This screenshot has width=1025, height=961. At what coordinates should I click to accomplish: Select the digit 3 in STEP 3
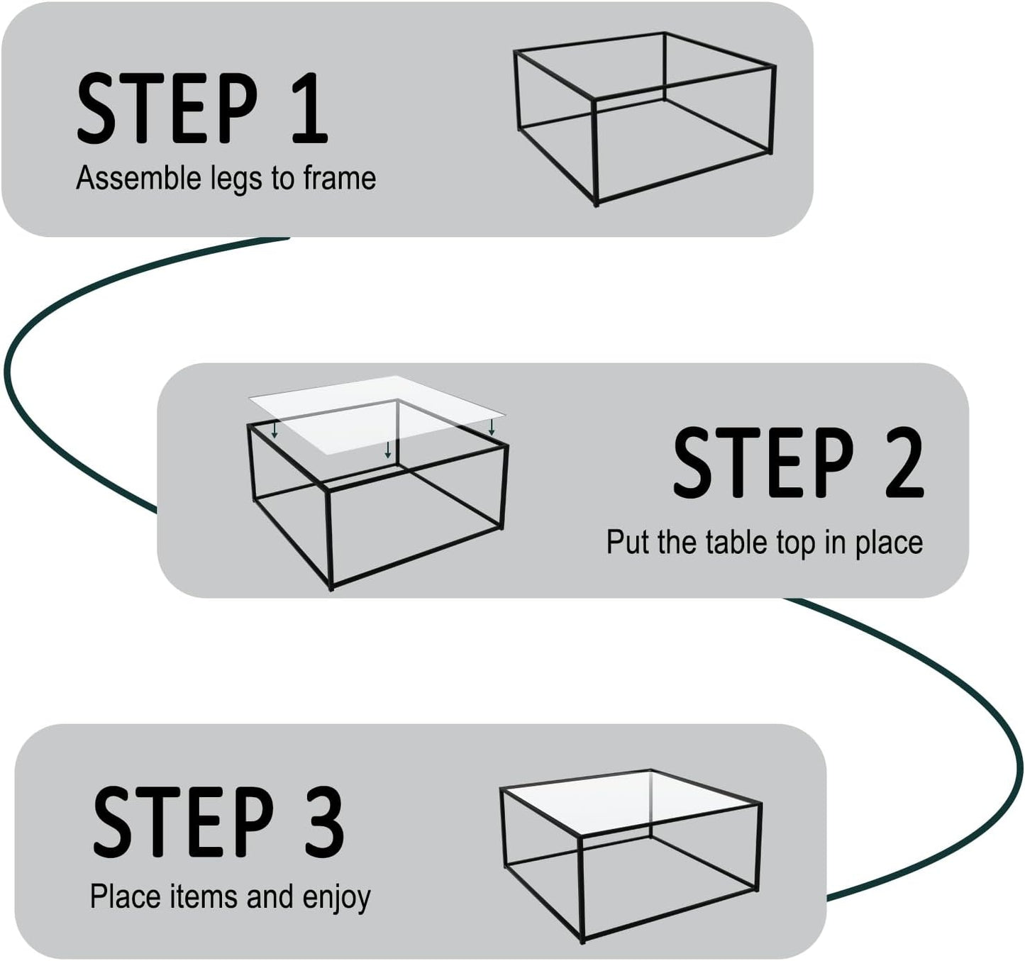(x=324, y=822)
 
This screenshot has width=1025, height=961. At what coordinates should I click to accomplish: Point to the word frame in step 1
(x=339, y=178)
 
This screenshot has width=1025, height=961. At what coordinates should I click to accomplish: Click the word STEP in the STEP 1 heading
(x=167, y=108)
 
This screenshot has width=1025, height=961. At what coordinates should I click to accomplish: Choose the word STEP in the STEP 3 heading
(x=183, y=822)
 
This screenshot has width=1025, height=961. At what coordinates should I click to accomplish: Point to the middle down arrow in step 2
(x=387, y=450)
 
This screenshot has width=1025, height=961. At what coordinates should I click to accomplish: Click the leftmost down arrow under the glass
(x=275, y=430)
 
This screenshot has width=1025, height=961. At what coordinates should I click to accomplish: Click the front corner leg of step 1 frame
(x=595, y=152)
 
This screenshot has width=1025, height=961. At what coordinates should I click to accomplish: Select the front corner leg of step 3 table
(x=581, y=889)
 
